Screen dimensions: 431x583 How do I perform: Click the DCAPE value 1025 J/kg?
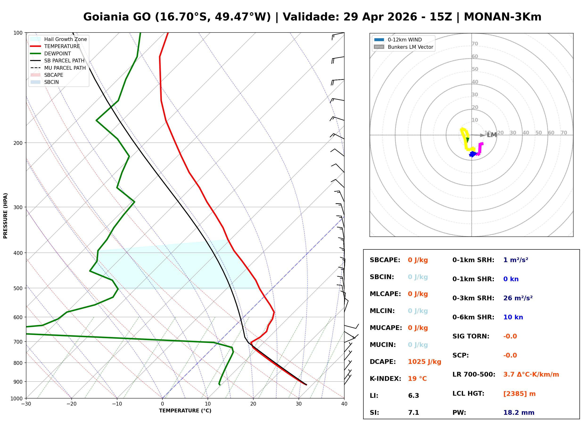click(x=424, y=362)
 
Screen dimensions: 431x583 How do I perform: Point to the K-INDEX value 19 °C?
click(x=417, y=378)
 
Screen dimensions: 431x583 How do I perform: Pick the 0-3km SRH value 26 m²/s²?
click(x=518, y=298)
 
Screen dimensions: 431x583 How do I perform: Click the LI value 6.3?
click(x=413, y=395)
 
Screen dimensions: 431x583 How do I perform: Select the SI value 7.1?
click(x=413, y=412)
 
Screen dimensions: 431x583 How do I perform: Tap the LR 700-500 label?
click(x=474, y=374)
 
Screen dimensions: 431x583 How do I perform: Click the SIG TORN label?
click(x=471, y=336)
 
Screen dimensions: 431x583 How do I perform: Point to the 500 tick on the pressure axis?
click(x=18, y=288)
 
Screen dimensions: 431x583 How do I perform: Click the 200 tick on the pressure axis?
click(x=18, y=143)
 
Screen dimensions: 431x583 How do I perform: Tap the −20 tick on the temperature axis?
click(x=71, y=404)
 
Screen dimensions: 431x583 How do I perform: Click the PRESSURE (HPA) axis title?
click(x=5, y=215)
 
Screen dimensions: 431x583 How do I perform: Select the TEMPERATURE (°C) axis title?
click(x=185, y=411)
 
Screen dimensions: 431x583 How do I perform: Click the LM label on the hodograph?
click(x=492, y=135)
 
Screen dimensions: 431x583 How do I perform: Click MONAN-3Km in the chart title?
click(x=502, y=17)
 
